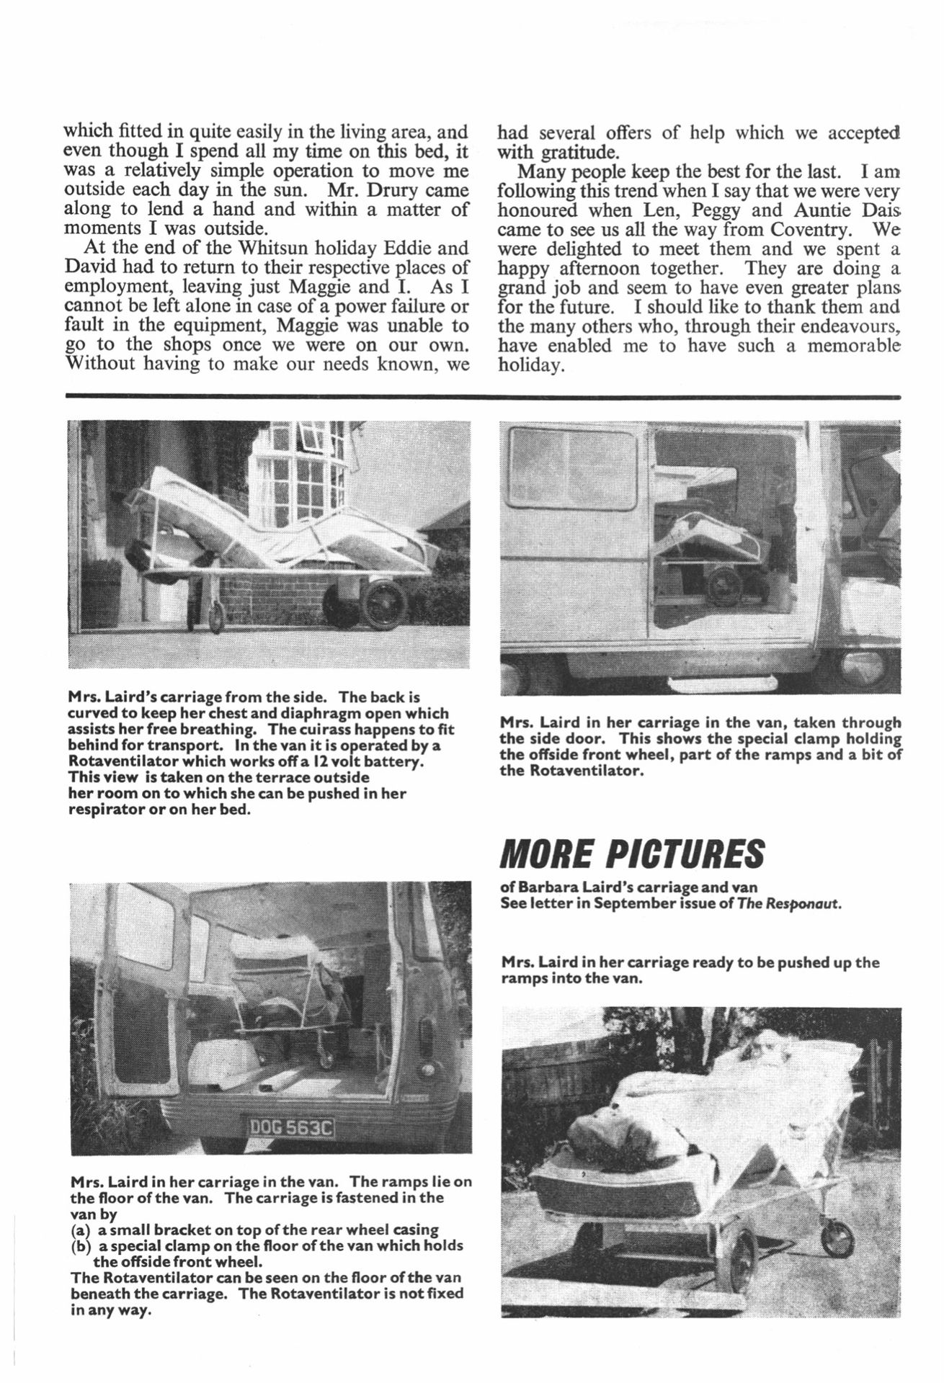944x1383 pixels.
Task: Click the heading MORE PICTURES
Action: [631, 855]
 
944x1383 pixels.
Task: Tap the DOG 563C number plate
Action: [293, 1148]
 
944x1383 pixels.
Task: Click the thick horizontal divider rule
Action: [482, 396]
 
